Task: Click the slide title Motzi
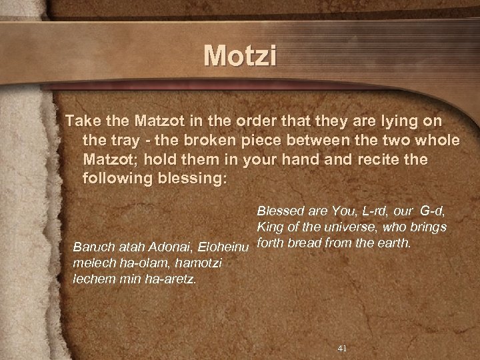pyautogui.click(x=240, y=57)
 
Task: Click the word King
pyautogui.click(x=269, y=229)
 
